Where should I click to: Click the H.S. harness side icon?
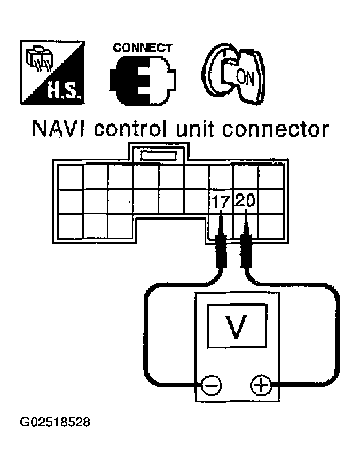click(x=51, y=72)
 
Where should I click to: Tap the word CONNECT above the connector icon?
click(x=143, y=48)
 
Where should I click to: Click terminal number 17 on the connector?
click(x=220, y=201)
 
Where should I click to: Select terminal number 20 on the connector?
click(x=245, y=201)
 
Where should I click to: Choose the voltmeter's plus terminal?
click(x=260, y=385)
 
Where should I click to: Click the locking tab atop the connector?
click(x=157, y=155)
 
